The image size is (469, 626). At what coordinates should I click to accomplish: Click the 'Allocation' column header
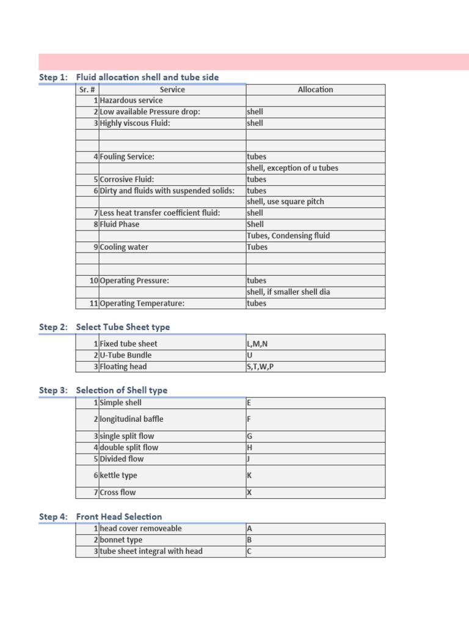(315, 90)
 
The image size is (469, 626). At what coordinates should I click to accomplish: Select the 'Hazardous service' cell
(131, 101)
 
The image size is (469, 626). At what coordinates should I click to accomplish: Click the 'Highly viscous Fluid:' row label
(135, 123)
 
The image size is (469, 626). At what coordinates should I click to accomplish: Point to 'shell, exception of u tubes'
(293, 168)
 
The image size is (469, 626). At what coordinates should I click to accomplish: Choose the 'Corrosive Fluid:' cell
(127, 180)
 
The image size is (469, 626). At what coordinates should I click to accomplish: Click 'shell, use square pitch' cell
(285, 202)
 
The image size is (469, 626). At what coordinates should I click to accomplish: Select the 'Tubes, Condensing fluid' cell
(288, 236)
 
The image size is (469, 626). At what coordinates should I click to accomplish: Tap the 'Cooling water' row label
(124, 248)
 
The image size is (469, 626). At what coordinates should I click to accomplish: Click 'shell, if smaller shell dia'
(288, 292)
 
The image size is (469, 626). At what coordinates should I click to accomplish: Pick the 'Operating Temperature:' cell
(142, 303)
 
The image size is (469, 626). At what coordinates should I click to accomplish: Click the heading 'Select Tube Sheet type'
(123, 327)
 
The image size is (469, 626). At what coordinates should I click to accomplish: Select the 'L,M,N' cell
(257, 344)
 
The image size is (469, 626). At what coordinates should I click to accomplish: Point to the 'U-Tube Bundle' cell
(126, 355)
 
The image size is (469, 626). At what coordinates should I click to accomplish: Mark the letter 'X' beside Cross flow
(249, 493)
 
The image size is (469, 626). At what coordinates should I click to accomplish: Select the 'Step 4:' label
(53, 517)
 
